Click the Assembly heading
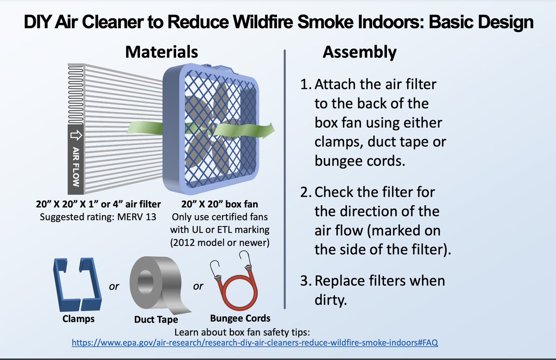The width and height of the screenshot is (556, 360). click(359, 52)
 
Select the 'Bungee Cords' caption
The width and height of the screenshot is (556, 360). click(240, 318)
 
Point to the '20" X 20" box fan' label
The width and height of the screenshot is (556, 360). click(220, 204)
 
